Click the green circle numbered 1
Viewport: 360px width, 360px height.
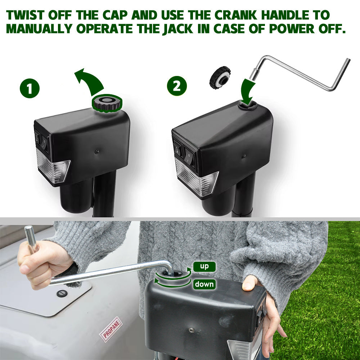30,89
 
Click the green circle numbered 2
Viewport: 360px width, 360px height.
177,86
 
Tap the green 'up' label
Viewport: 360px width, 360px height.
204,266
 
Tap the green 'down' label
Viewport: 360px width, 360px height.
204,284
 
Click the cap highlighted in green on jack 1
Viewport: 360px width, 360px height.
107,103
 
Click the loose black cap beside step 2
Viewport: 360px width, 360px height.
220,77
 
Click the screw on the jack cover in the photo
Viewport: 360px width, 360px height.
191,330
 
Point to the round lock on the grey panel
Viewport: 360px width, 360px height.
62,293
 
